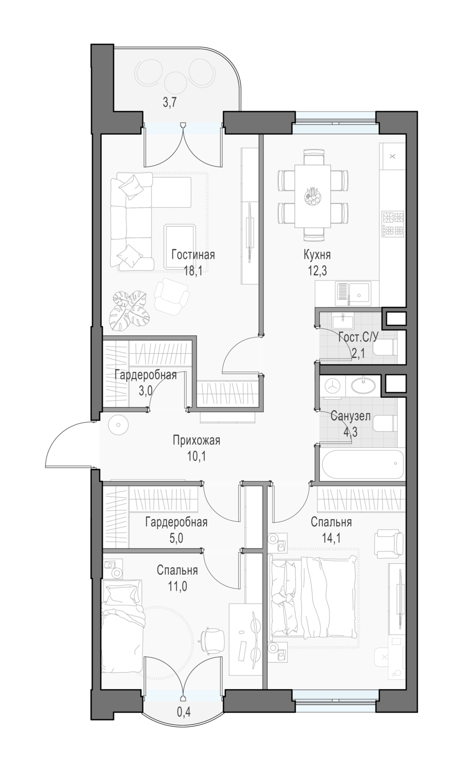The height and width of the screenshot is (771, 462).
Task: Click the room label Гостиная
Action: pyautogui.click(x=193, y=255)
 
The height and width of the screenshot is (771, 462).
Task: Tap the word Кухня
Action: pyautogui.click(x=317, y=255)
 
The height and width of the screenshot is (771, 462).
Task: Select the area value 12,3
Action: pyautogui.click(x=317, y=271)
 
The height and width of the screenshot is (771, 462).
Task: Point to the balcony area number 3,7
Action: pyautogui.click(x=170, y=103)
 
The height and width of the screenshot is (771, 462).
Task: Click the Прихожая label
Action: pyautogui.click(x=197, y=440)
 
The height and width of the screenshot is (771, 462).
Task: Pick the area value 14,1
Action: pyautogui.click(x=331, y=538)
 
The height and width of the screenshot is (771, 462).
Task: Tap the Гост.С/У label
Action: pyautogui.click(x=358, y=337)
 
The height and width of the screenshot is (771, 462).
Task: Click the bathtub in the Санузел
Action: pyautogui.click(x=362, y=465)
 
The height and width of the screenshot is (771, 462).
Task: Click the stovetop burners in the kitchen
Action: pyautogui.click(x=393, y=224)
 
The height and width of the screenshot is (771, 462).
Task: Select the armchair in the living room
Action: pyautogui.click(x=171, y=296)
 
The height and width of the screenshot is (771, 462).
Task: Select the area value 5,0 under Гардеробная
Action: pyautogui.click(x=176, y=538)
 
